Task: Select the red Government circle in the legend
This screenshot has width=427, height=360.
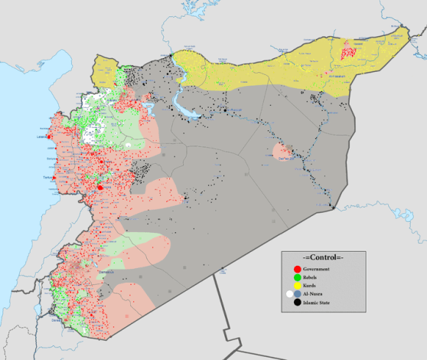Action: (297, 268)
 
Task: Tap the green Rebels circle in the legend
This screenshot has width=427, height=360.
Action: (297, 276)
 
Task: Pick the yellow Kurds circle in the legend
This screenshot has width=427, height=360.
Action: (297, 284)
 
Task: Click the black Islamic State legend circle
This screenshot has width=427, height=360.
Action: (297, 302)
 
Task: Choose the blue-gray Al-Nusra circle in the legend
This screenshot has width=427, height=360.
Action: (297, 293)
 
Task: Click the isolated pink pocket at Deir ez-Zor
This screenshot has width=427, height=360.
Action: (282, 151)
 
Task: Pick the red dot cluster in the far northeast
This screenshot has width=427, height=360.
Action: (347, 51)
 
